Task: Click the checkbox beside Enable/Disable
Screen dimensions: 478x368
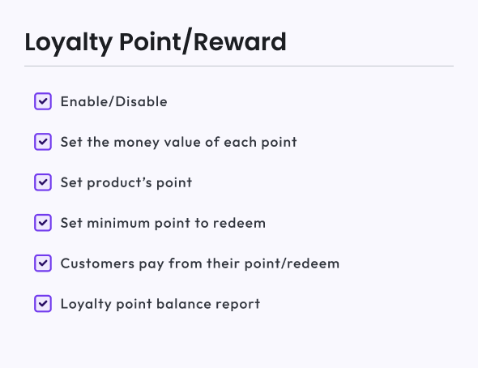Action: point(43,101)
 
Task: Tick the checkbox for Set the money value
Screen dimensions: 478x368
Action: point(43,142)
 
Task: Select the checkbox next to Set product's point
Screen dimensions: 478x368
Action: point(43,182)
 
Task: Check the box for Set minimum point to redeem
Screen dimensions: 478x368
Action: point(43,223)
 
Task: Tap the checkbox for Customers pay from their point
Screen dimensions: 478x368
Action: point(43,263)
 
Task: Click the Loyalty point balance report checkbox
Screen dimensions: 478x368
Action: point(43,304)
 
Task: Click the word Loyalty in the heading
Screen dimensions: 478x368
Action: point(69,43)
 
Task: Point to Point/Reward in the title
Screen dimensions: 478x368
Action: point(203,41)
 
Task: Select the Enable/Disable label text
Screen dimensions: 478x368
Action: point(114,101)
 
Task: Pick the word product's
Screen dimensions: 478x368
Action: point(119,183)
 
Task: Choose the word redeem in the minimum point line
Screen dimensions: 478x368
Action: point(239,223)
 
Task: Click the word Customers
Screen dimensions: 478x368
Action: point(97,263)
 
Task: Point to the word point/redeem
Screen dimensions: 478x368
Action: point(292,263)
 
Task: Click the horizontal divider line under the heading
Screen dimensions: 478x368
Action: point(239,66)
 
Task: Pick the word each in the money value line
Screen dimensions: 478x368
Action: point(241,142)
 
